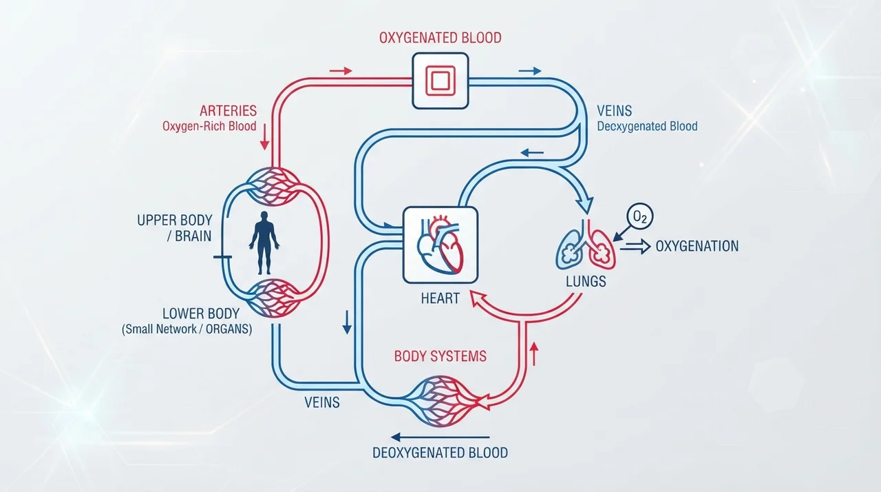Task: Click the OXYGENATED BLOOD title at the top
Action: (x=440, y=38)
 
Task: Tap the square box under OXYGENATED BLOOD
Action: (x=440, y=81)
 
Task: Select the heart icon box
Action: (x=440, y=245)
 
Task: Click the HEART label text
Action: (x=440, y=298)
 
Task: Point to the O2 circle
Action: (x=640, y=217)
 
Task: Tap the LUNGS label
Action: (x=586, y=281)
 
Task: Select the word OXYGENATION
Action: (x=697, y=247)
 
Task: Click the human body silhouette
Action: (x=264, y=243)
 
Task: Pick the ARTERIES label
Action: (x=228, y=111)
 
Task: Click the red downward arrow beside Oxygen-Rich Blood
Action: (x=264, y=136)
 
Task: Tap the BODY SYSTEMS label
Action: (x=440, y=356)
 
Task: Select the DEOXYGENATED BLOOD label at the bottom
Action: (x=440, y=453)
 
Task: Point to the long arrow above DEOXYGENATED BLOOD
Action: (x=440, y=437)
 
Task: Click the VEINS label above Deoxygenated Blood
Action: (x=615, y=111)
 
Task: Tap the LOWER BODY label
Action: (x=201, y=314)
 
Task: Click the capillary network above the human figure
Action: (x=274, y=187)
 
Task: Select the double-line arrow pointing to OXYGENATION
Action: (x=635, y=247)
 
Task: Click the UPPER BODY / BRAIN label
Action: (x=174, y=228)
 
